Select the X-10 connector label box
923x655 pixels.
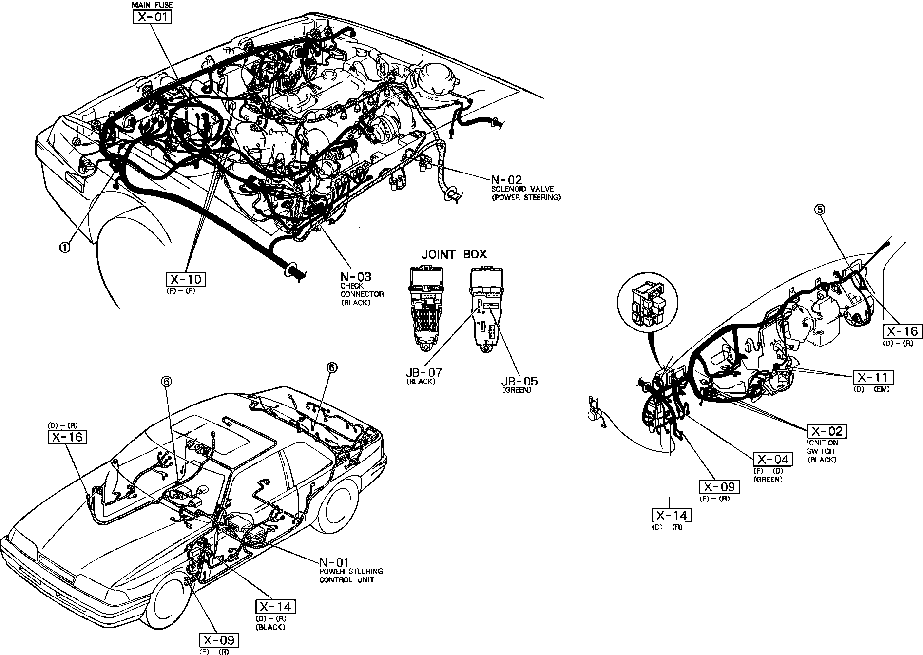coord(186,279)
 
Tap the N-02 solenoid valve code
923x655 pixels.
coord(506,180)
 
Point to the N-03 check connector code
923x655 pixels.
coord(356,277)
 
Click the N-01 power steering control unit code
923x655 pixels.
coord(334,562)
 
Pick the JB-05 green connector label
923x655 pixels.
coord(519,381)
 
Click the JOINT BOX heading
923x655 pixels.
coord(454,254)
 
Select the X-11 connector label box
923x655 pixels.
coord(873,377)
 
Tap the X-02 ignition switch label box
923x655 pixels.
coord(827,431)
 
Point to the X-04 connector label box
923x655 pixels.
coord(773,459)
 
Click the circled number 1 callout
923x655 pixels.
coord(64,247)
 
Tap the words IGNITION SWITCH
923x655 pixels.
coord(823,447)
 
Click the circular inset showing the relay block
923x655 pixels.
coord(648,305)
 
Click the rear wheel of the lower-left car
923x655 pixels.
coord(337,507)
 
